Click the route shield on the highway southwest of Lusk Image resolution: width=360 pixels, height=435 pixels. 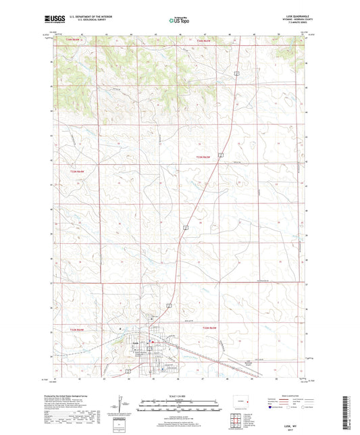[x=127, y=371]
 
